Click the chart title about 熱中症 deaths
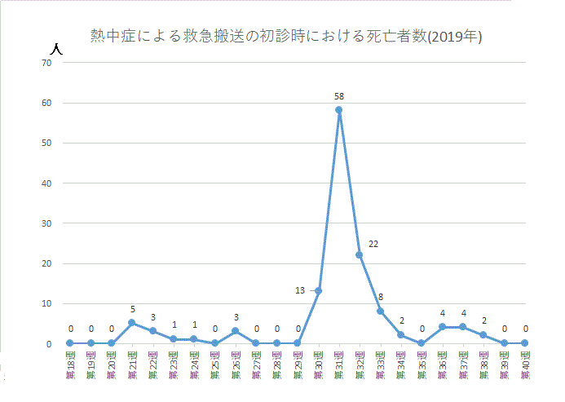285,38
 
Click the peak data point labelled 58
338,110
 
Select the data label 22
373,244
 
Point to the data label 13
300,290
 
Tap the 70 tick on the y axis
47,63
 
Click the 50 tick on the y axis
47,143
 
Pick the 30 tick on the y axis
47,223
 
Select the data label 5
132,310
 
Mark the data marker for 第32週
359,255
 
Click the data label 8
381,298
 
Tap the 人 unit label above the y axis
55,47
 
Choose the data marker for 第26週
236,331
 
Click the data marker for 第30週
318,291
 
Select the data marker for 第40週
525,343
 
